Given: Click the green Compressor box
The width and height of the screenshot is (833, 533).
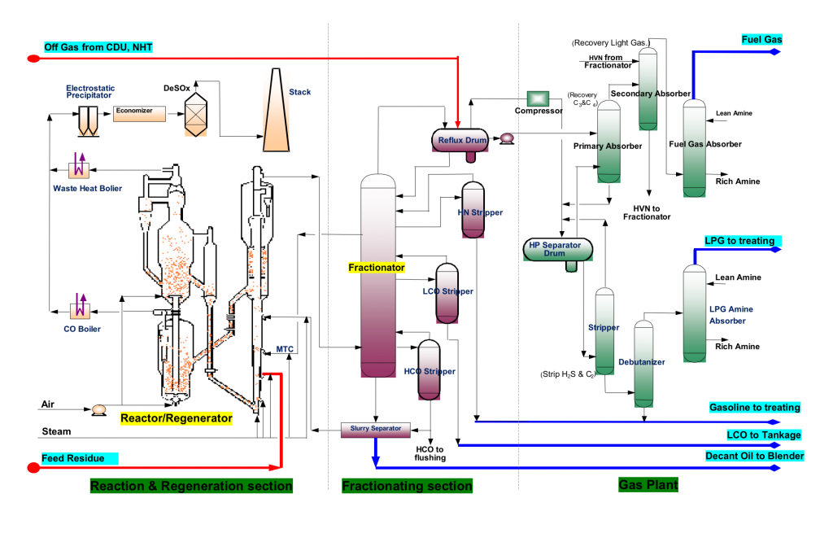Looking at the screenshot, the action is pos(538,98).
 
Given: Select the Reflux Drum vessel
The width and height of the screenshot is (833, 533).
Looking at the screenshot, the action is pos(460,140).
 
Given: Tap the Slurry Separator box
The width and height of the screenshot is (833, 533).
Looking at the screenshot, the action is pos(376,430).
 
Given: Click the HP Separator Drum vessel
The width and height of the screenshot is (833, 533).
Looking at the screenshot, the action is pos(558,249).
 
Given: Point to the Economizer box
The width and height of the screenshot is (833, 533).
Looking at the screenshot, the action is pos(139,114).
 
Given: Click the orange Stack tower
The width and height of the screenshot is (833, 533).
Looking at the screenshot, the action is pos(277,110).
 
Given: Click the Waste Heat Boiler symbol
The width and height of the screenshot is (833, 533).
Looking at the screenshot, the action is pos(79,166).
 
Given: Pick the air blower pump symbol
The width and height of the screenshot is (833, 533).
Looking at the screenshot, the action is pos(98,409).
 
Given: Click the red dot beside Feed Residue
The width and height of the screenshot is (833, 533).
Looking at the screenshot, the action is pos(33,468).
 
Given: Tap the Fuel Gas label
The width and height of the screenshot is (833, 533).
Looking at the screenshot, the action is pos(761,39).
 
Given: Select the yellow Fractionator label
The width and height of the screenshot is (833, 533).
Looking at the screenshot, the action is pos(377,267).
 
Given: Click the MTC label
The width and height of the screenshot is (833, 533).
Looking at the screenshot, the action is pos(285,349).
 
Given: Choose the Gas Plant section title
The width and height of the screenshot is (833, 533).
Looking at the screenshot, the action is pos(648,485).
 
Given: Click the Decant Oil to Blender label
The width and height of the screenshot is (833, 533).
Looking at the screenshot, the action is pos(754,456).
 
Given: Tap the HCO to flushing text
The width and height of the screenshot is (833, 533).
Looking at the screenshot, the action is pos(430,453).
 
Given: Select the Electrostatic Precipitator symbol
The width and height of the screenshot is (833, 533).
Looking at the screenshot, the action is pos(88,121).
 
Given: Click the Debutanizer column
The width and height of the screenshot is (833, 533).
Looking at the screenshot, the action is pos(644,364).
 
